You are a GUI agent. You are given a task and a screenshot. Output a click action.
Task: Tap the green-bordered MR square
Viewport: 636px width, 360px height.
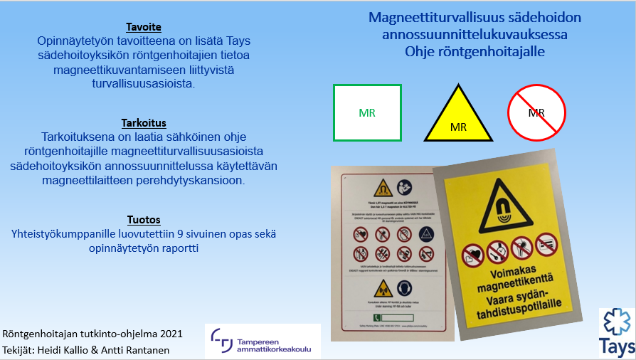click(x=367, y=112)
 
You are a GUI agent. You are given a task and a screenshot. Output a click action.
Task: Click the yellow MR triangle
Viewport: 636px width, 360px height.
click(x=458, y=118)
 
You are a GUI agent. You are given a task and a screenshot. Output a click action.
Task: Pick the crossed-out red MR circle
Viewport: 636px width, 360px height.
click(x=536, y=112)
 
